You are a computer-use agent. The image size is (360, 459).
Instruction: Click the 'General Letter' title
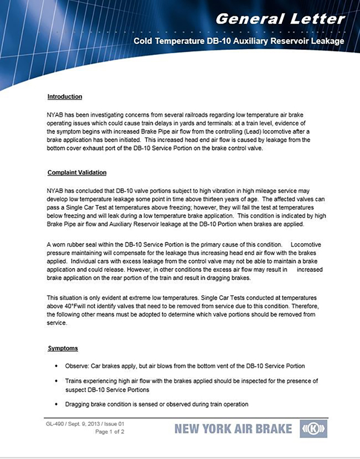(280, 19)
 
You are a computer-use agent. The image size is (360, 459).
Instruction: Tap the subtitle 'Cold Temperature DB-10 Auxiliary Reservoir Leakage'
(239, 42)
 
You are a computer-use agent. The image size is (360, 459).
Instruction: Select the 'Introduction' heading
(65, 97)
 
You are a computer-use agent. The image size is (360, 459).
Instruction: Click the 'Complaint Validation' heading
(77, 173)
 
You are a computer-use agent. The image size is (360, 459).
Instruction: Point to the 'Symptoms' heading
(63, 349)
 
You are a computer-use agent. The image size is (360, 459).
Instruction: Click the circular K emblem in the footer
(313, 429)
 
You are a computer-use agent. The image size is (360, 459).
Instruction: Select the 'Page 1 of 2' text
(110, 431)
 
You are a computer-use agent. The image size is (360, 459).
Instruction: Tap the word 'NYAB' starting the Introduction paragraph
(55, 114)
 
